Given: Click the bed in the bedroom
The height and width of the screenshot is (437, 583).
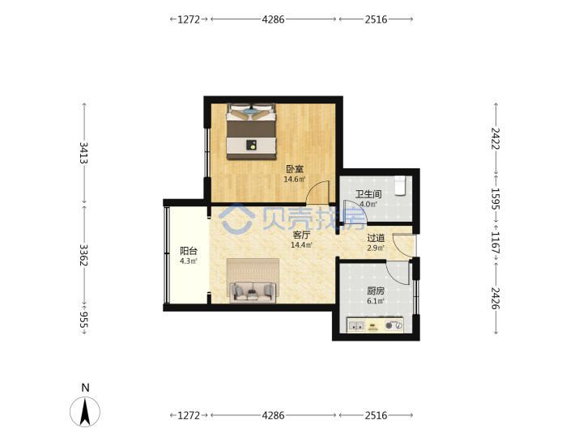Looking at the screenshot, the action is pyautogui.click(x=251, y=132).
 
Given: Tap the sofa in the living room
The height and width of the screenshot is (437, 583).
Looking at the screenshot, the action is pyautogui.click(x=253, y=292).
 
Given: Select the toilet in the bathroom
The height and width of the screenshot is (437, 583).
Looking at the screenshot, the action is pyautogui.click(x=400, y=185).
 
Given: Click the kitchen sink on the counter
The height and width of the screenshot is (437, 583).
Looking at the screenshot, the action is pyautogui.click(x=356, y=326).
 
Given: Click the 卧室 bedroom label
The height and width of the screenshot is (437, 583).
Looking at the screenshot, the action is pyautogui.click(x=295, y=169).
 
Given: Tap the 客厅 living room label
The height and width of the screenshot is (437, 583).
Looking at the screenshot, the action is pyautogui.click(x=301, y=235).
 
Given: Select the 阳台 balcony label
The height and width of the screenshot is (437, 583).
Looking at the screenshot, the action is pyautogui.click(x=189, y=251).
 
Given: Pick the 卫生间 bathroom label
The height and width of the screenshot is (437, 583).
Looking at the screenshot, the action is pyautogui.click(x=368, y=194).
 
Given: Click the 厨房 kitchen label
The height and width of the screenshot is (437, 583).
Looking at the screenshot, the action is pyautogui.click(x=376, y=291).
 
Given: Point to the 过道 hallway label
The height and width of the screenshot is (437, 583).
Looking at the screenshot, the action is pyautogui.click(x=376, y=238).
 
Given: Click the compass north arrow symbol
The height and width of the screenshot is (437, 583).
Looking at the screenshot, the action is pyautogui.click(x=85, y=411).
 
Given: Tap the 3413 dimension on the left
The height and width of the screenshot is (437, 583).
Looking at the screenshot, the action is pyautogui.click(x=84, y=153).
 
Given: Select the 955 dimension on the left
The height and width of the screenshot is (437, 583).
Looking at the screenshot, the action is pyautogui.click(x=84, y=320).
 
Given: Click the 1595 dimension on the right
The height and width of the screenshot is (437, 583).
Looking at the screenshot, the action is pyautogui.click(x=496, y=198).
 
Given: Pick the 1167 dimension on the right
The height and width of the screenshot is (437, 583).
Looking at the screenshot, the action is pyautogui.click(x=496, y=242).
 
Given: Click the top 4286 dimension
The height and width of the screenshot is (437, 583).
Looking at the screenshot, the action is pyautogui.click(x=274, y=19).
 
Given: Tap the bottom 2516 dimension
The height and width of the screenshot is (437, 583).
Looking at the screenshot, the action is pyautogui.click(x=376, y=415).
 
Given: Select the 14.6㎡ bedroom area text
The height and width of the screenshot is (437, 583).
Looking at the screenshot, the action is pyautogui.click(x=295, y=180).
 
